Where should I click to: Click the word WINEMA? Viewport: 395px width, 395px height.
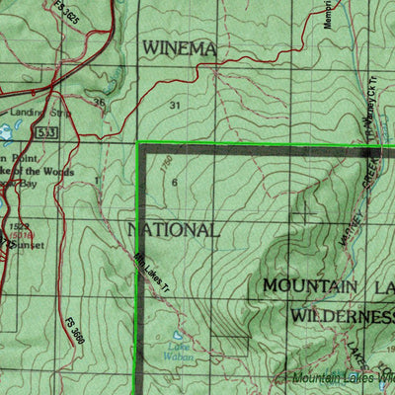179,47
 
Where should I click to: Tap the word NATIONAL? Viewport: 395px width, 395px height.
173,230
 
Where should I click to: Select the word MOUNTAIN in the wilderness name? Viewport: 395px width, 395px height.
309,286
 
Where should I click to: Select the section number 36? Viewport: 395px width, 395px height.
98,102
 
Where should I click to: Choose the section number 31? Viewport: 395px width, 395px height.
176,105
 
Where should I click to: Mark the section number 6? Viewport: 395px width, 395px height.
174,183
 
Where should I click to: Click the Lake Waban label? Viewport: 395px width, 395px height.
179,352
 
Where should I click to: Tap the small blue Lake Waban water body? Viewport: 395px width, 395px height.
178,336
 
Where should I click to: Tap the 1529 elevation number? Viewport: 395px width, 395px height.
17,226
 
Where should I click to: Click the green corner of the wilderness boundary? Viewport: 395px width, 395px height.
138,144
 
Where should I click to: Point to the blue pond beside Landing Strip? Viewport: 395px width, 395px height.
10,129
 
